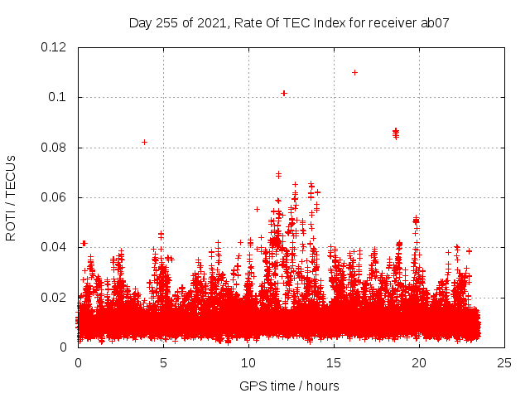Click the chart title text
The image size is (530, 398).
point(289,23)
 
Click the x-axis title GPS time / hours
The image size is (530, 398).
point(289,386)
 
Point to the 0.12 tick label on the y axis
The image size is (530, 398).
point(55,47)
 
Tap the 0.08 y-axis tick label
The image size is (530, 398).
point(55,148)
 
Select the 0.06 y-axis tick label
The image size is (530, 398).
point(55,197)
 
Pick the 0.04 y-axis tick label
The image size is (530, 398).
point(55,247)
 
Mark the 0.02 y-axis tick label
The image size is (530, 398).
point(55,297)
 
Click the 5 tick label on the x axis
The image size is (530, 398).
point(163,362)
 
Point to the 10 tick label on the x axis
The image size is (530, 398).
point(248,362)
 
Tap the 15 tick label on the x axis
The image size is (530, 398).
point(334,362)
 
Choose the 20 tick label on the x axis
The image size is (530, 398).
point(419,362)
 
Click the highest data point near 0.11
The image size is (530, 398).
point(354,72)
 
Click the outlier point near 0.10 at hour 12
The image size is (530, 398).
point(284,93)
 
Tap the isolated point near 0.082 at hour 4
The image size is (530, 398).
point(144,142)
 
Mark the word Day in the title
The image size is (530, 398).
point(140,23)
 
